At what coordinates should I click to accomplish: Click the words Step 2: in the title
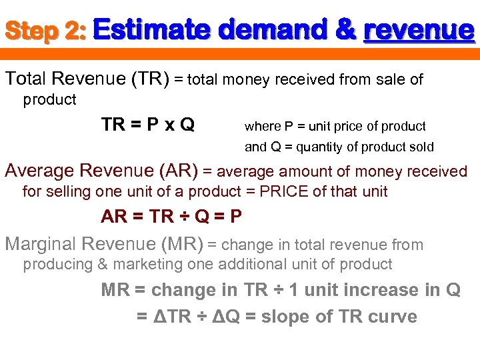(x=45, y=31)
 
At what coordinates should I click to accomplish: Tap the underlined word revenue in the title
(x=419, y=30)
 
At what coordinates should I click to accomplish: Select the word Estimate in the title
(x=153, y=30)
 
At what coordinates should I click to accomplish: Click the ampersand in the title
(x=346, y=30)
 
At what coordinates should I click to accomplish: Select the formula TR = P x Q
(x=148, y=125)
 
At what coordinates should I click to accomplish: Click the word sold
(x=420, y=147)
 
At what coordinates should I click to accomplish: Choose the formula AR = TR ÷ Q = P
(x=171, y=217)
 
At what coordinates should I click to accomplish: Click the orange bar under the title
(x=240, y=53)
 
